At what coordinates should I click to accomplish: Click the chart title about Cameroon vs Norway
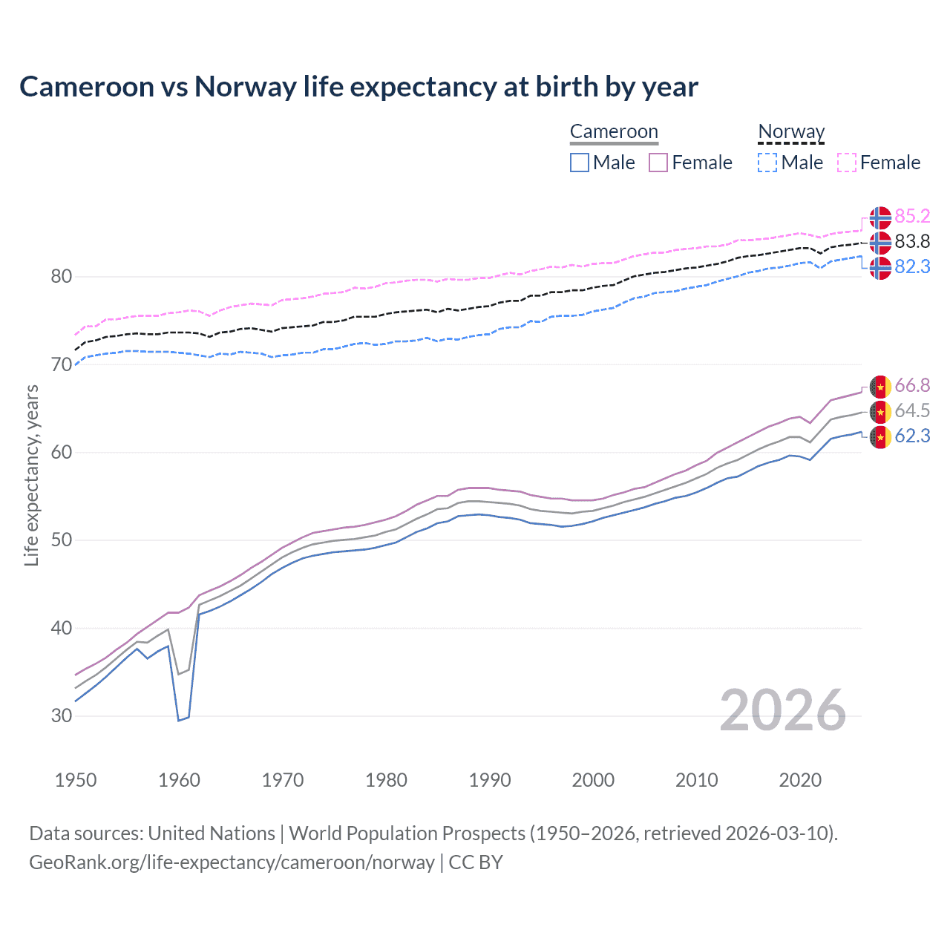coord(358,87)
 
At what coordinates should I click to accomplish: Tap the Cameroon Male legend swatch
coord(580,163)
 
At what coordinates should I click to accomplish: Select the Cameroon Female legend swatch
coord(658,163)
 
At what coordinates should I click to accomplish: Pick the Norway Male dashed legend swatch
coord(767,163)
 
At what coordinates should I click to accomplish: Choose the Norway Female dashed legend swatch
coord(847,163)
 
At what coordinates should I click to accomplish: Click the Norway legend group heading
coord(791,131)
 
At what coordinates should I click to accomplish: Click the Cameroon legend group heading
coord(614,131)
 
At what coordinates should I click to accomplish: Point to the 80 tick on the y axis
coord(62,277)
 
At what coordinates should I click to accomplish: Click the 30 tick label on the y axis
coord(62,716)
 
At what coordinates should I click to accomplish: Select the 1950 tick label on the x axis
coord(76,780)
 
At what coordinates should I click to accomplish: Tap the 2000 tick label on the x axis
coord(593,780)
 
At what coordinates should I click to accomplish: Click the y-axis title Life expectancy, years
coord(31,475)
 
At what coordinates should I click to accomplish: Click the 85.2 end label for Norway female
coord(912,216)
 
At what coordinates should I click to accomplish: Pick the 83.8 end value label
coord(912,241)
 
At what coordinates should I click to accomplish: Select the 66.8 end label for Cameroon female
coord(912,385)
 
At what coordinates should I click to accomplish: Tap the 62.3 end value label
coord(912,436)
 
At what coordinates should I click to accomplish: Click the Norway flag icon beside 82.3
coord(880,267)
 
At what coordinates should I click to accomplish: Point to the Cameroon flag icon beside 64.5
coord(880,411)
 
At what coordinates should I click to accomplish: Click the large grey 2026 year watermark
coord(783,710)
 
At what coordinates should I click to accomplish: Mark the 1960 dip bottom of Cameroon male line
coord(179,720)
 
